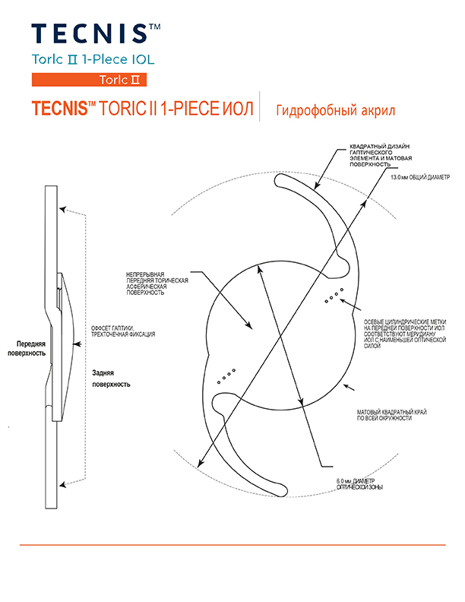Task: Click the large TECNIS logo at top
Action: click(96, 33)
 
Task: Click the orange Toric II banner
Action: click(89, 80)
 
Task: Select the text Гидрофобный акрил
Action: click(335, 110)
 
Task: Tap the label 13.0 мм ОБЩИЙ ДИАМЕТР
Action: click(420, 177)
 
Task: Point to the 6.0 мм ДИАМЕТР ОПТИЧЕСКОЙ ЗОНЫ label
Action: click(359, 484)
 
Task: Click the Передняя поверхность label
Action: click(27, 348)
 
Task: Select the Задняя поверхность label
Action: click(111, 379)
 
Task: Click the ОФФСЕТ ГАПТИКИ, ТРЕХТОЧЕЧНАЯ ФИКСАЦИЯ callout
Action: click(123, 331)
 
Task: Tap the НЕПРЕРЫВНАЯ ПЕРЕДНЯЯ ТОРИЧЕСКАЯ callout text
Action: click(157, 284)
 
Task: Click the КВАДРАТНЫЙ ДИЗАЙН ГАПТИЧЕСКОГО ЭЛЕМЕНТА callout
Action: click(381, 155)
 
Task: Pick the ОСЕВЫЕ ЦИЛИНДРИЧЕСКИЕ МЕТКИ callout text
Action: click(405, 334)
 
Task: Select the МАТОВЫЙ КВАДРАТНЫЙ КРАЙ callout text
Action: click(392, 415)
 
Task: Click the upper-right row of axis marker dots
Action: click(334, 295)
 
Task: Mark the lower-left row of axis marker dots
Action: click(226, 376)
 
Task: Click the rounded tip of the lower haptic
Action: click(283, 490)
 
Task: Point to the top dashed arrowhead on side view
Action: click(62, 210)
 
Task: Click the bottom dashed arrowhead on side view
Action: click(62, 484)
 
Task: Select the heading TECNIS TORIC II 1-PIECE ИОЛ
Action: click(142, 108)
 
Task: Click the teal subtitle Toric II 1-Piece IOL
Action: click(93, 59)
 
